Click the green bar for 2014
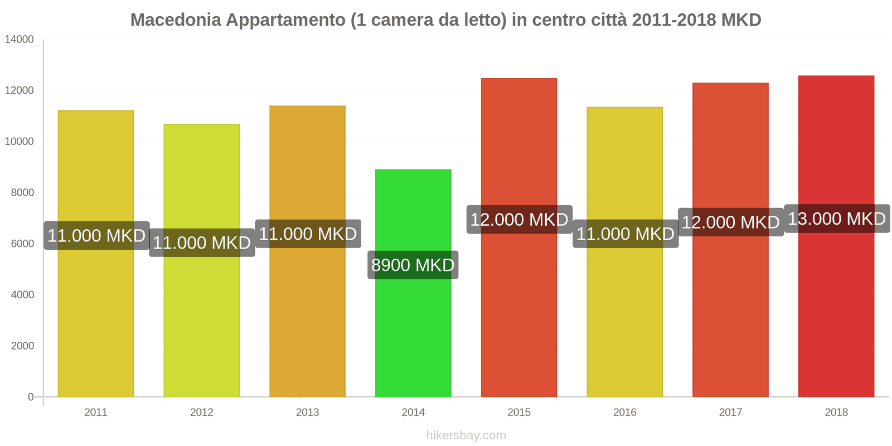[413, 334]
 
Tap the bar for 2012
[202, 323]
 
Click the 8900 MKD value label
[413, 265]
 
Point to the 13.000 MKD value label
[836, 219]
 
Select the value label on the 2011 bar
[96, 235]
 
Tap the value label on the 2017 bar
[730, 222]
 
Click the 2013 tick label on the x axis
[307, 412]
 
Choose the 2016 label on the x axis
[624, 412]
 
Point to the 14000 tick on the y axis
[20, 40]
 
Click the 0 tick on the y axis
[31, 397]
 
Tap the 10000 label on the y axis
[20, 142]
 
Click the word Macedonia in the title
[176, 20]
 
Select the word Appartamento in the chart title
[285, 20]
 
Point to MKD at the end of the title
[741, 20]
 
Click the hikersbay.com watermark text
[466, 435]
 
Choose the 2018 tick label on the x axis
[836, 412]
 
